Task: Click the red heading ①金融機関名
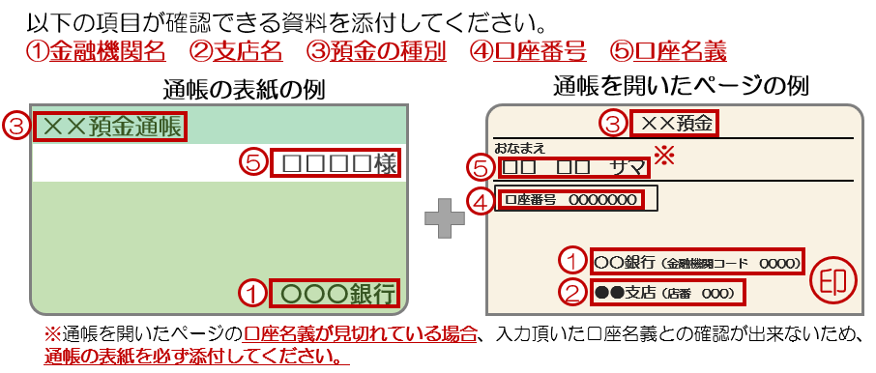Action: pos(96,52)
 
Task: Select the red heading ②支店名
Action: pos(236,52)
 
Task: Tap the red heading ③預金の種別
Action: pos(376,52)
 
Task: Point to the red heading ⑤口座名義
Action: pos(668,52)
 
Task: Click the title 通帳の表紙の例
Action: pos(244,89)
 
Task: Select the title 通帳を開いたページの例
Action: pos(681,87)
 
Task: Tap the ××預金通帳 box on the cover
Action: pos(109,128)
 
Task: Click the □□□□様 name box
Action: pos(336,164)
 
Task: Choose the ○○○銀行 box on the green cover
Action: pos(336,293)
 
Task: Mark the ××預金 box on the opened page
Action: pos(674,124)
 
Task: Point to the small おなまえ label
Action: pos(519,148)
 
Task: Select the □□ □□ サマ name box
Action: pos(573,167)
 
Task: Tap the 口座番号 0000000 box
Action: pos(569,200)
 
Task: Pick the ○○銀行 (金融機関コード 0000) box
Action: pos(697,261)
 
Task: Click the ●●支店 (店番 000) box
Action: pos(667,292)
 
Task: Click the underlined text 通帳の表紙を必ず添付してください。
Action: pos(196,356)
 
